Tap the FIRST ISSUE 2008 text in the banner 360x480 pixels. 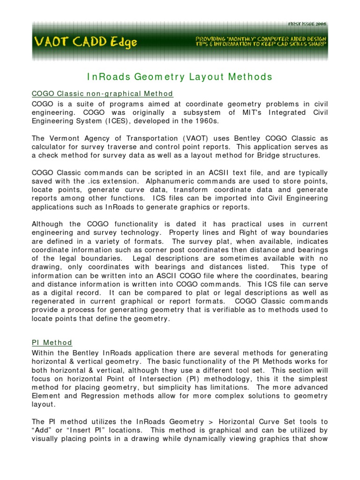point(307,24)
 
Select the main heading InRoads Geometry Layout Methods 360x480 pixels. point(180,77)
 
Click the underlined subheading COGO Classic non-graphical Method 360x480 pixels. point(102,94)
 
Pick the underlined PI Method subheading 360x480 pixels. point(52,343)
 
